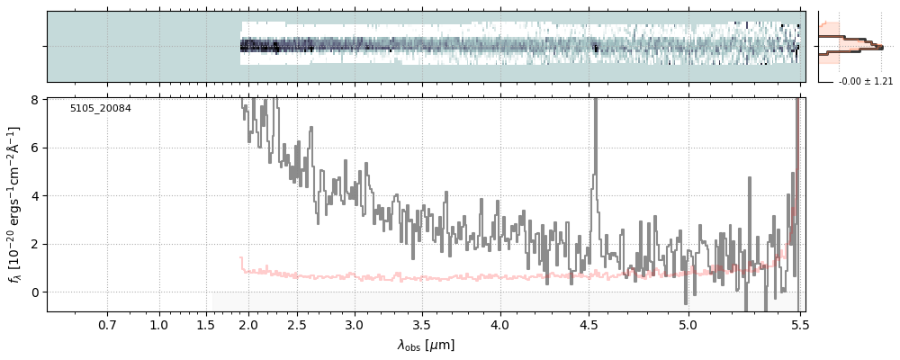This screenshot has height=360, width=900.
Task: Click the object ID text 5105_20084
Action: point(101,109)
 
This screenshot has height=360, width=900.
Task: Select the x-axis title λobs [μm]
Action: point(426,345)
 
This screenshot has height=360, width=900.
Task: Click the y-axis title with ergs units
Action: point(13,204)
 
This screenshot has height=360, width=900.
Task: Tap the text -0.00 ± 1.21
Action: point(865,82)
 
